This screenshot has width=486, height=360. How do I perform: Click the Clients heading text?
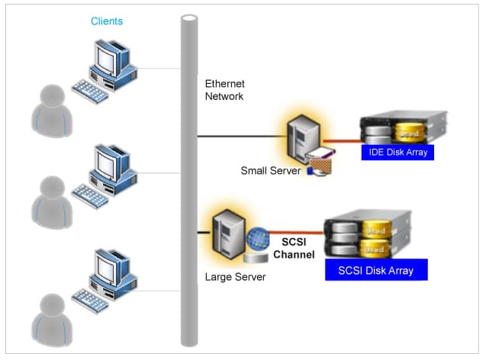point(106,21)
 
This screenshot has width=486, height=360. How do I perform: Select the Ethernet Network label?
point(224,89)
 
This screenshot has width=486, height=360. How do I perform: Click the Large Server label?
point(235,277)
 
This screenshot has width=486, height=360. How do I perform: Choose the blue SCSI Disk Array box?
point(375,270)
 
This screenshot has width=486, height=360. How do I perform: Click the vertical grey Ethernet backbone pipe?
point(188,183)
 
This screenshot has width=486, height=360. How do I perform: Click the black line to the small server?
point(240,137)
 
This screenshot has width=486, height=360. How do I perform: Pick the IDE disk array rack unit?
point(403,128)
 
